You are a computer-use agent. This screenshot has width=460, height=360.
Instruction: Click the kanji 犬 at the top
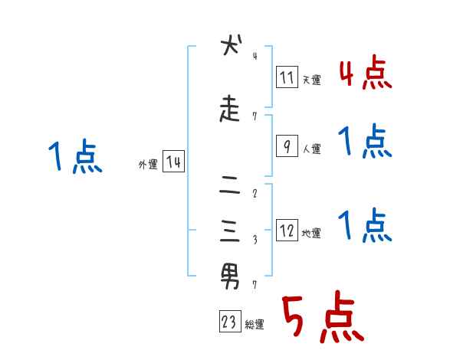click(231, 47)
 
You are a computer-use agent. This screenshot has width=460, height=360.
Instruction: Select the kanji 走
click(231, 110)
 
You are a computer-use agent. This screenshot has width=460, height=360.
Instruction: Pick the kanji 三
click(231, 229)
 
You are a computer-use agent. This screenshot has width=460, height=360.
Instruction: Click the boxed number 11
click(287, 77)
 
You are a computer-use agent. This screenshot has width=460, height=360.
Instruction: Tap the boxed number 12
click(287, 231)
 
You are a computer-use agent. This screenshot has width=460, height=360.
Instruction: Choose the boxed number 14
click(173, 162)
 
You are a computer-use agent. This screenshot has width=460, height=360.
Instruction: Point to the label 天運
click(311, 79)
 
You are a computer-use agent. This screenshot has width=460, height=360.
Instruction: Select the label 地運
click(311, 232)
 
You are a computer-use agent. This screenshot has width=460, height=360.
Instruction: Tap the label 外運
click(147, 164)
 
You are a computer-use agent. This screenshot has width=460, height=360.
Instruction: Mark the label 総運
click(255, 324)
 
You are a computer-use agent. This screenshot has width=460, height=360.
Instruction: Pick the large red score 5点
click(321, 318)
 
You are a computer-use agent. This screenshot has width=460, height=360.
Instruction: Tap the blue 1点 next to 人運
click(363, 141)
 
